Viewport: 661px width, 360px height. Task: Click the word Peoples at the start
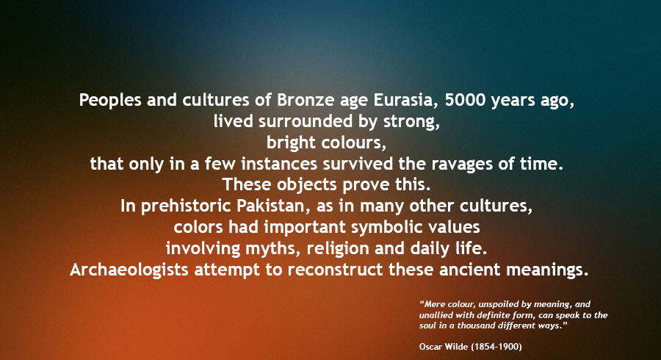[110, 101]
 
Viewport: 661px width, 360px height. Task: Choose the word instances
[279, 164]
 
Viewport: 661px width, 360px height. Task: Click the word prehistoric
[186, 206]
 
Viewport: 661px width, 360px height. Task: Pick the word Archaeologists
[129, 270]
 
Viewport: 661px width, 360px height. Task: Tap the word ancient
[469, 270]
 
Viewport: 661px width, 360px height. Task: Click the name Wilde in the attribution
[455, 347]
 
